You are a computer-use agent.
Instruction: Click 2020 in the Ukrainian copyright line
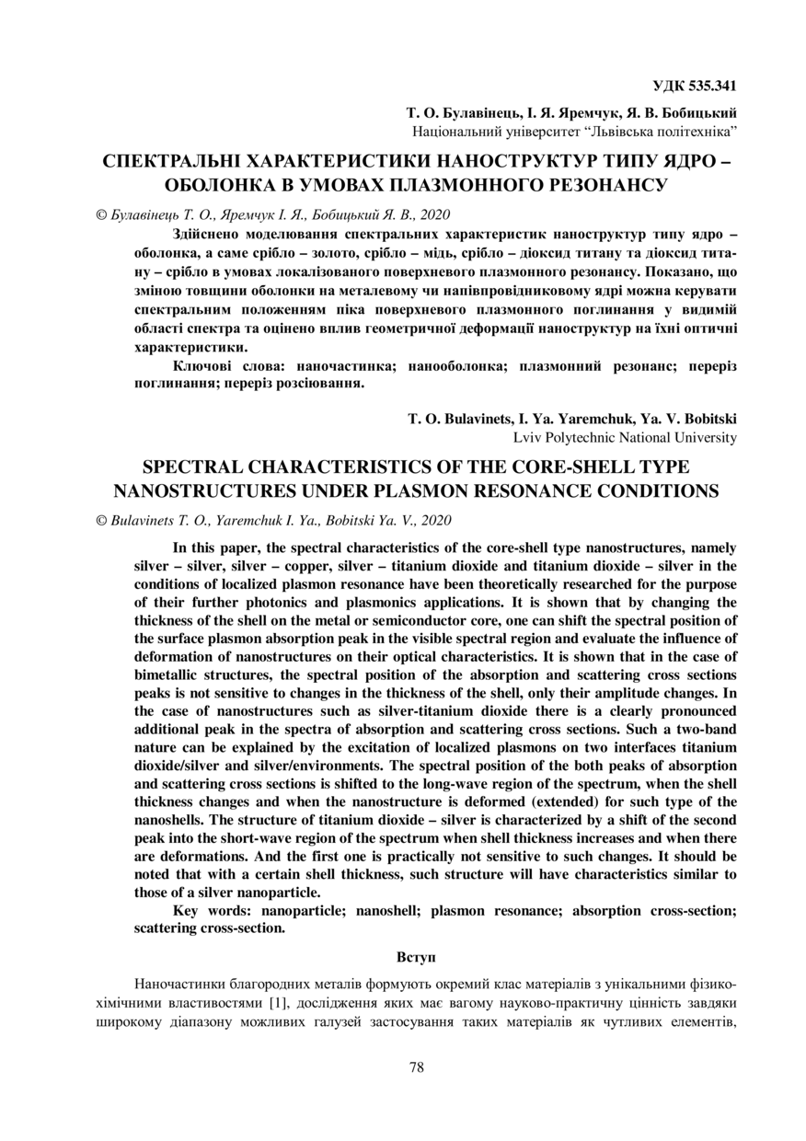click(433, 214)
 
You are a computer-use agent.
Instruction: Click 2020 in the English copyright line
click(434, 520)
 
